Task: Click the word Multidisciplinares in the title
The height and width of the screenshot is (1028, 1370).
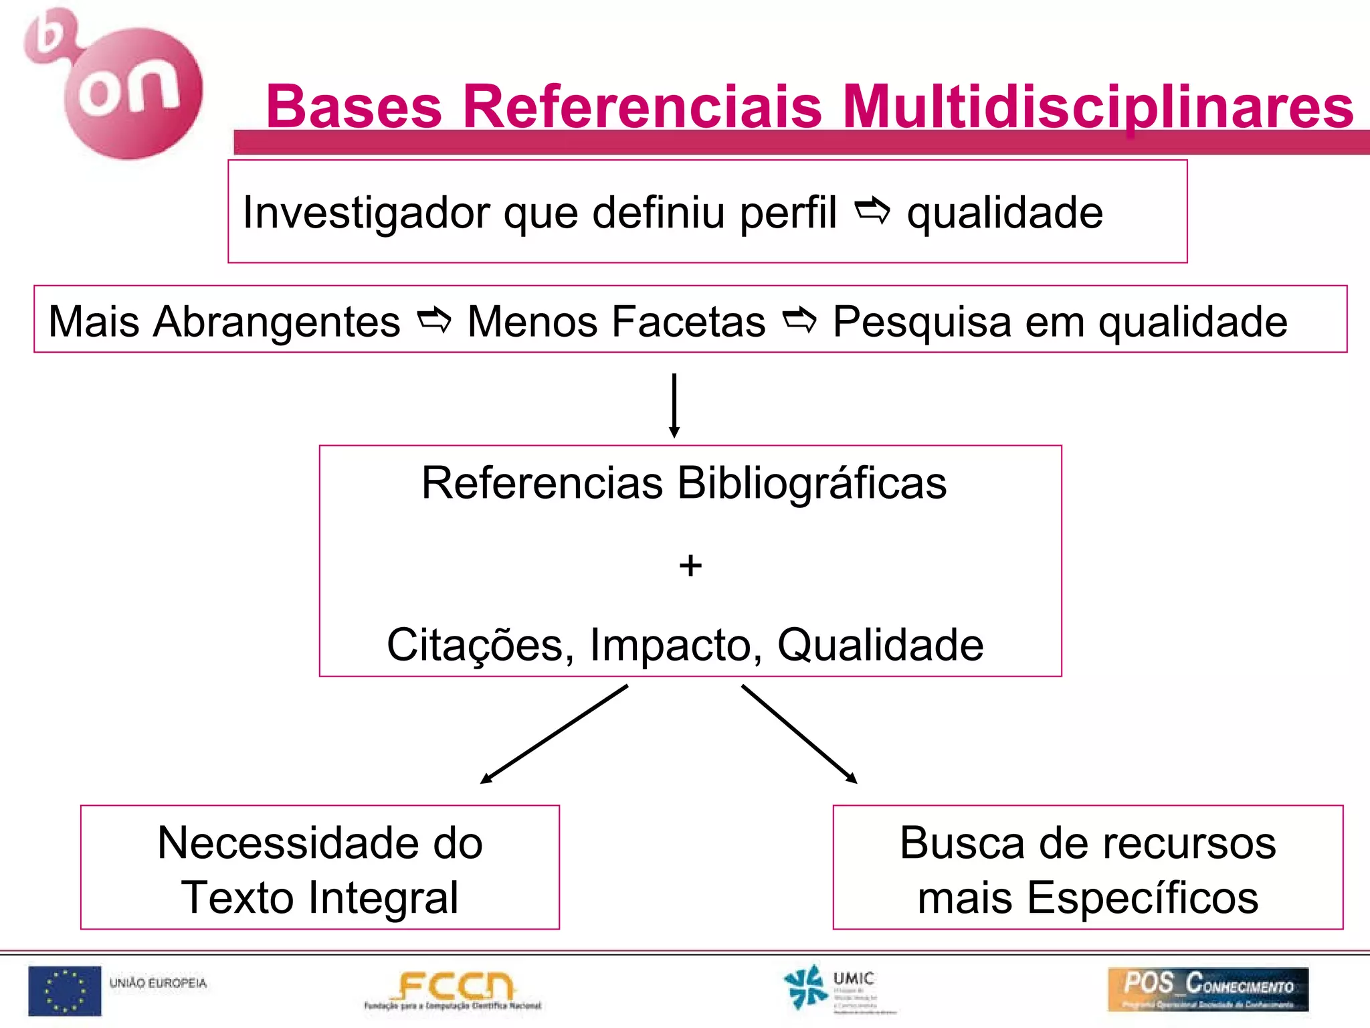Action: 1098,107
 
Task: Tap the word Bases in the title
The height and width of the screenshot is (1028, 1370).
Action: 354,107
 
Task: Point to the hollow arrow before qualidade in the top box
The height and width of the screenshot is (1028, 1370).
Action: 872,211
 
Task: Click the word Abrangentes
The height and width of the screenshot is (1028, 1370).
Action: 277,322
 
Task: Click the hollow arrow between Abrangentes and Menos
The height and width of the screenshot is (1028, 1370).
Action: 434,321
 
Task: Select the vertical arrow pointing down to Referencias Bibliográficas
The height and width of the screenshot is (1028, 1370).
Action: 674,405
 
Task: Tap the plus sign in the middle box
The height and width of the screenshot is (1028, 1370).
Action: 690,566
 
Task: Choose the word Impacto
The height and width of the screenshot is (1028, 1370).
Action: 676,645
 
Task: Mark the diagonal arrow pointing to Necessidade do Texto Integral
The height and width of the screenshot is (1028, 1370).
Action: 554,734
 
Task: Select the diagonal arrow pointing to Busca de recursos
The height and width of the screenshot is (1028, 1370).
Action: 799,734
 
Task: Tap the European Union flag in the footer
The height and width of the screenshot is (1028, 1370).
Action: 64,991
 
